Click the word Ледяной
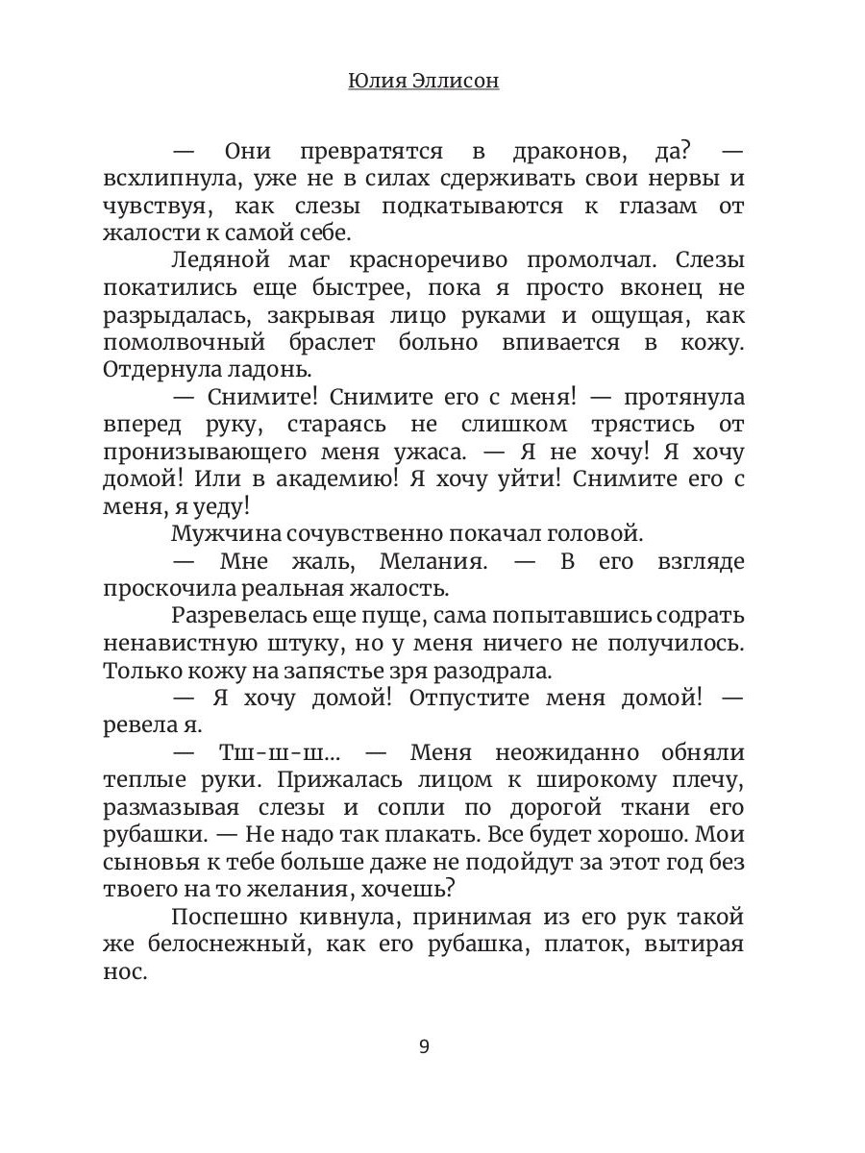[216, 261]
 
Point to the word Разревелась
[233, 616]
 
